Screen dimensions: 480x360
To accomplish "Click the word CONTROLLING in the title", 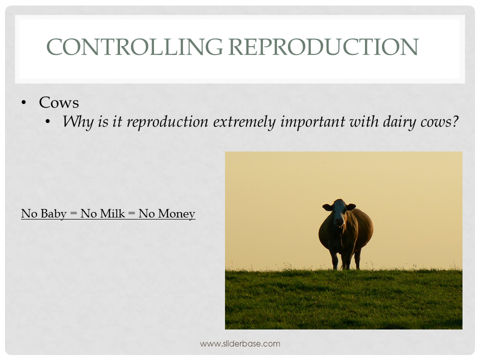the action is [134, 47].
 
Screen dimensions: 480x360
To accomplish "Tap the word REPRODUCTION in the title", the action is [323, 47].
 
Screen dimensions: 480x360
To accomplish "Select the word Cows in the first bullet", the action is [59, 102].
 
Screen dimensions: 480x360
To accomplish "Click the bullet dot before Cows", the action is [23, 103].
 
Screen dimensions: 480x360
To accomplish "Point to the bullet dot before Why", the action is [47, 122].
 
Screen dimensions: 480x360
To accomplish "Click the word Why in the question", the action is [78, 122].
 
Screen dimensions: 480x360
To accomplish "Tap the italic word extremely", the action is [244, 122].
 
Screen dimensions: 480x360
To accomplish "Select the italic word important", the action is [312, 122].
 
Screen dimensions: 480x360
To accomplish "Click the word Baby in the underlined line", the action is [53, 213].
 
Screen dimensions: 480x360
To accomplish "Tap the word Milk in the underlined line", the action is [112, 213].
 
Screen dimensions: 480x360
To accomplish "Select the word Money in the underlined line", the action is [176, 213].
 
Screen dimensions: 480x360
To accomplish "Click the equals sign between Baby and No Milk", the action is [73, 214].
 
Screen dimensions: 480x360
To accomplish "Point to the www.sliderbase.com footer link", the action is [240, 344].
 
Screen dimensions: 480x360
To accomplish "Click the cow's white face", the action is [339, 212].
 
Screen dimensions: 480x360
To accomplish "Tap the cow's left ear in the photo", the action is [327, 207].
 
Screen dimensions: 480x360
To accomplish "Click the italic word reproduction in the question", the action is [167, 122].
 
